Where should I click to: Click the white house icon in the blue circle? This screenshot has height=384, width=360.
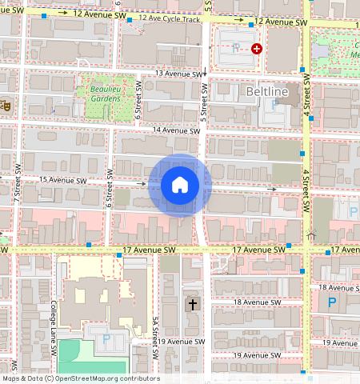(180, 185)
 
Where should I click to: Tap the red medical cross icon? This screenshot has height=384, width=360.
(256, 49)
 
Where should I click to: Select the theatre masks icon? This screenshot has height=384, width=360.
(5, 103)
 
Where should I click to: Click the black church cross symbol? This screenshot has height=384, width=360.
(192, 304)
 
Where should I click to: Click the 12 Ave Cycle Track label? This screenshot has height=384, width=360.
(170, 18)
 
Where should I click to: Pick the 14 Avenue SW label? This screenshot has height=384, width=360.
(175, 130)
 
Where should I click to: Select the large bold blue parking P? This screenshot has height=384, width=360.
(332, 302)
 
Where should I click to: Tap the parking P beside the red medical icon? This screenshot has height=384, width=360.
(235, 49)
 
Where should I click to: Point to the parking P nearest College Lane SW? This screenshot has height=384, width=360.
(106, 340)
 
